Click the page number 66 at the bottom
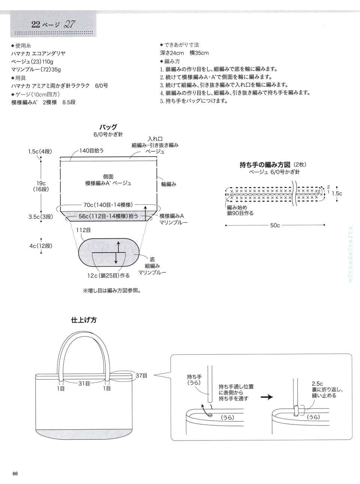pos(15,473)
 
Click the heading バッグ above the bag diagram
pos(108,127)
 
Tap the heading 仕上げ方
pos(84,320)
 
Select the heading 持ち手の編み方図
pos(265,165)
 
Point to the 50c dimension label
pos(274,226)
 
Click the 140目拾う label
pos(91,150)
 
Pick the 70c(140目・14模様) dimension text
pos(108,205)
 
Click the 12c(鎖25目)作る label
pos(109,275)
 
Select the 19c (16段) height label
pos(41,186)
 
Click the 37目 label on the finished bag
pos(141,375)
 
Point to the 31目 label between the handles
pos(84,384)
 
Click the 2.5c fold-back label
pos(317,384)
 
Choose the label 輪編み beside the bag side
pos(169,184)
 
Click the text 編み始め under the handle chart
pos(236,207)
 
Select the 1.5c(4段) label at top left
pos(39,151)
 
